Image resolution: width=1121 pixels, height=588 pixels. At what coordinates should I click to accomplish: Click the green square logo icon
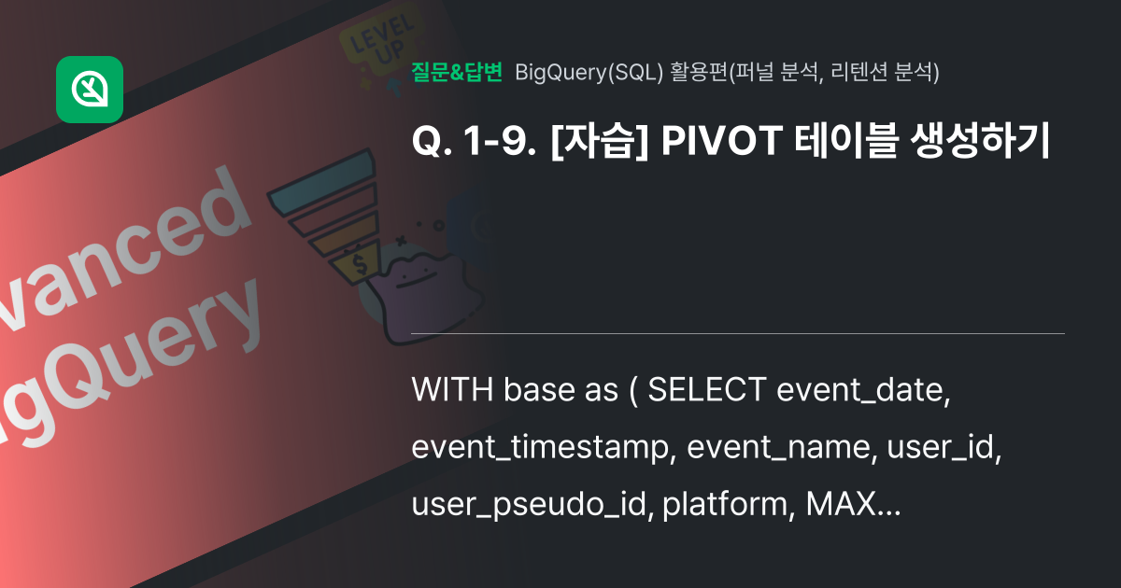click(x=90, y=90)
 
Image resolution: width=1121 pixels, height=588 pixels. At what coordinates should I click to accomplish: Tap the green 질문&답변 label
click(x=457, y=72)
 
